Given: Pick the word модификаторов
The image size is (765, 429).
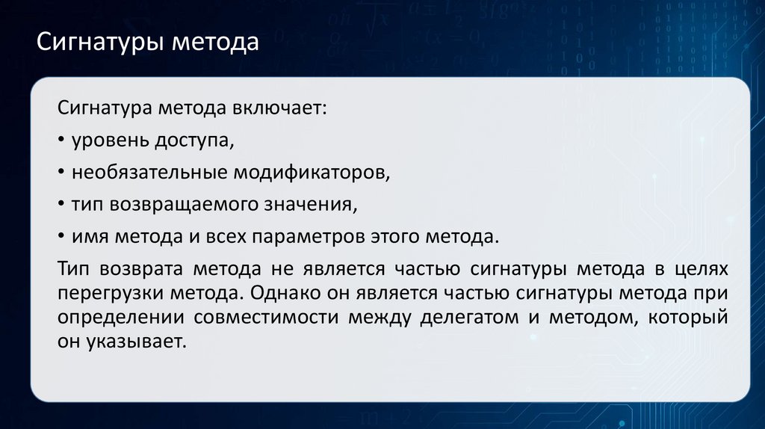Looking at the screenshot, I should (x=312, y=173).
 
